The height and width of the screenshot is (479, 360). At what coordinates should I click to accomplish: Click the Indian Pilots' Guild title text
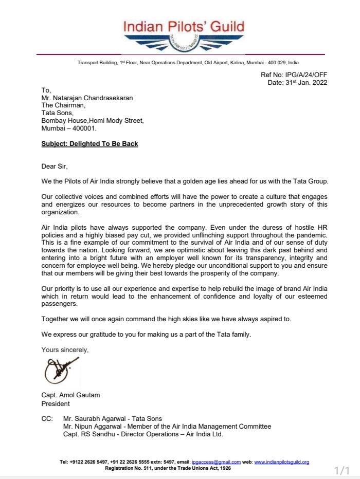tap(183, 26)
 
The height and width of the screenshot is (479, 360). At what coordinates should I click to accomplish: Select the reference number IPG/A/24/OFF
tap(294, 75)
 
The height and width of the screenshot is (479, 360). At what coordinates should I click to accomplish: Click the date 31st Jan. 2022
tap(297, 83)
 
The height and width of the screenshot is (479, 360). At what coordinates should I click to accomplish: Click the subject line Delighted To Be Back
tap(89, 144)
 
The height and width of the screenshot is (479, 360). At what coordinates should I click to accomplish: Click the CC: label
tap(47, 419)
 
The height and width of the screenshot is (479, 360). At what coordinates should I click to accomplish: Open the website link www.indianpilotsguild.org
tap(281, 462)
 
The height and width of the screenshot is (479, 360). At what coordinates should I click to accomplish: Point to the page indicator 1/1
tap(341, 471)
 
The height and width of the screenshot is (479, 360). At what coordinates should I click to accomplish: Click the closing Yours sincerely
tap(65, 350)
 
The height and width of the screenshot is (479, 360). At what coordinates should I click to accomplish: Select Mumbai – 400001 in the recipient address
tap(69, 128)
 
